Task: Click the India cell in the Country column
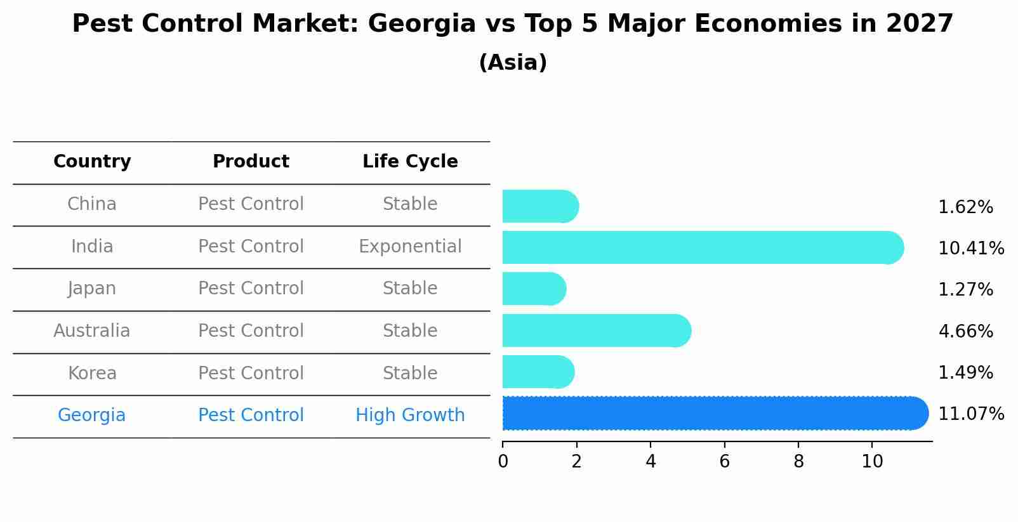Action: [92, 247]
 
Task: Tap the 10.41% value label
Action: [970, 249]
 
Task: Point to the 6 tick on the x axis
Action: [724, 462]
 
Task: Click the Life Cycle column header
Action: [410, 162]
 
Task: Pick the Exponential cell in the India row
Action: [410, 247]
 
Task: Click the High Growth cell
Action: [410, 415]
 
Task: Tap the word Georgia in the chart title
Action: [421, 24]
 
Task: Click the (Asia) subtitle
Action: [513, 63]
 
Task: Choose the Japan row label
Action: [92, 289]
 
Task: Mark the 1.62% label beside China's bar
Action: [965, 207]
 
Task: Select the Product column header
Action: [251, 162]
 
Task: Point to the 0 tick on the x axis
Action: [503, 462]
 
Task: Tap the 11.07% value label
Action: [970, 414]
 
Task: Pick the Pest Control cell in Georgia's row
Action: [251, 415]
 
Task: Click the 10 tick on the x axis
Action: [872, 462]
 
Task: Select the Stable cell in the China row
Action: [410, 204]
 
